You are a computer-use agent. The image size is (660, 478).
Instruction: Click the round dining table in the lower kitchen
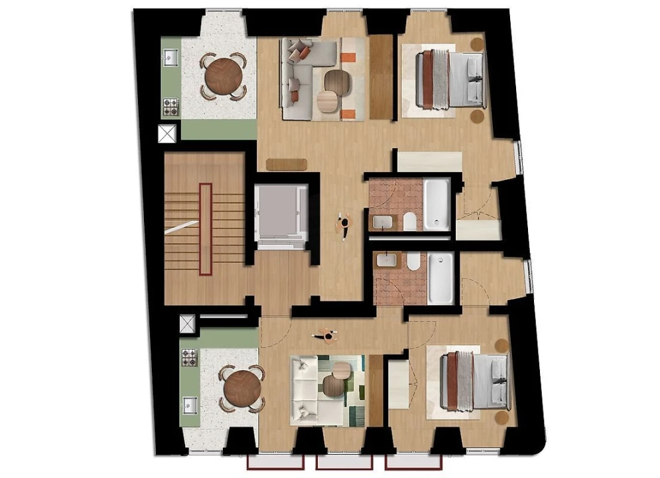pyautogui.click(x=242, y=387)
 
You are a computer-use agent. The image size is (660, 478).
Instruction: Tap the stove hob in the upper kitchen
pyautogui.click(x=170, y=106)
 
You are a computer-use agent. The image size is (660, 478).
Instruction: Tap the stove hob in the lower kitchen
pyautogui.click(x=189, y=357)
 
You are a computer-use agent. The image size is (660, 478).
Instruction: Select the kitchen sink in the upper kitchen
pyautogui.click(x=169, y=58)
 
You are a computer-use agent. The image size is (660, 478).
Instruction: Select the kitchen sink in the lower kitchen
pyautogui.click(x=189, y=404)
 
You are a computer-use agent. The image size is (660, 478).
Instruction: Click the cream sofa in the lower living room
pyautogui.click(x=307, y=388)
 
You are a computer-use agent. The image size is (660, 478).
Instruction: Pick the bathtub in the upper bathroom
pyautogui.click(x=437, y=202)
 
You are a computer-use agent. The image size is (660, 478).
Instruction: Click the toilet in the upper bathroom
pyautogui.click(x=410, y=221)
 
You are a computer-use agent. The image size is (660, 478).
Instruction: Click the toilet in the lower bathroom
pyautogui.click(x=413, y=264)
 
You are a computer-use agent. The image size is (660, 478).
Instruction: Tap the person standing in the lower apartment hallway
pyautogui.click(x=326, y=336)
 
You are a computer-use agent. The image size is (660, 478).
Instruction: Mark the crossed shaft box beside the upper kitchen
pyautogui.click(x=166, y=133)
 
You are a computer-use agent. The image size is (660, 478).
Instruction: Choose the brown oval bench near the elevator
pyautogui.click(x=287, y=163)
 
